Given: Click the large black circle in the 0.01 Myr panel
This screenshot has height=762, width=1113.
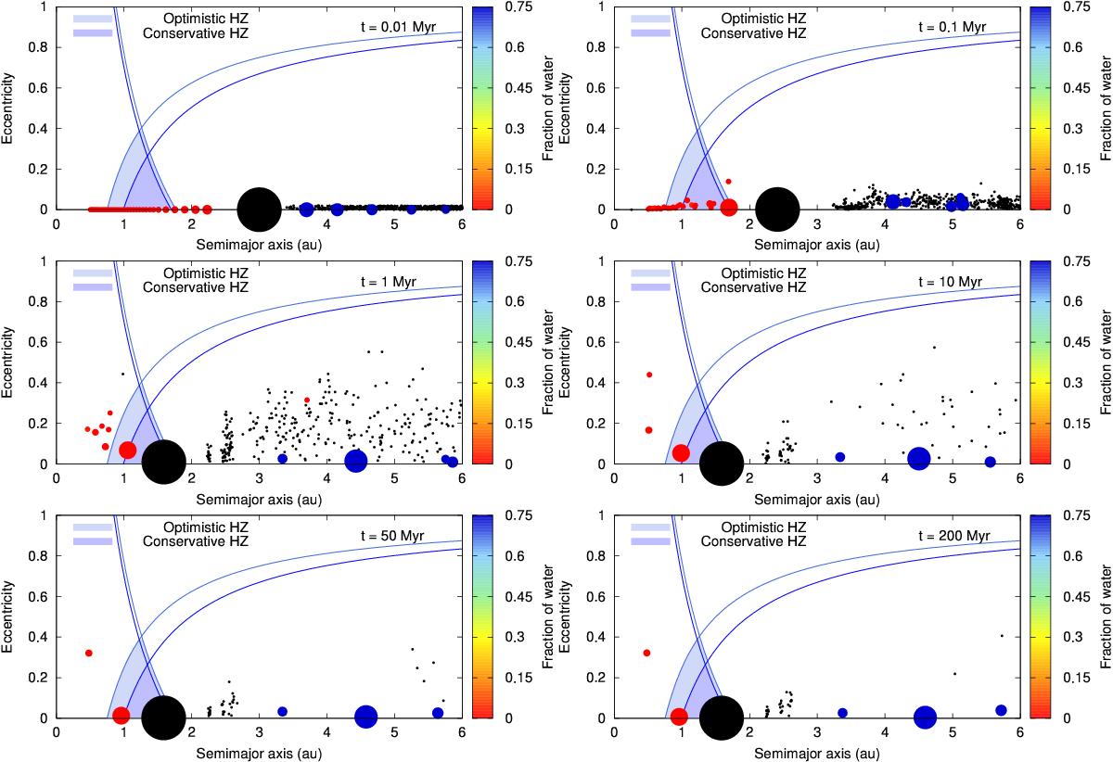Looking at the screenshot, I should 259,210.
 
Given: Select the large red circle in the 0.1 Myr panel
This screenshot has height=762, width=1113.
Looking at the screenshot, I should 729,207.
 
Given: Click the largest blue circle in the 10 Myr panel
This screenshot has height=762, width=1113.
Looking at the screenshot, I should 918,458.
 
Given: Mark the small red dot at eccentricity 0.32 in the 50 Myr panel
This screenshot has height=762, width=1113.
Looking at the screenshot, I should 89,653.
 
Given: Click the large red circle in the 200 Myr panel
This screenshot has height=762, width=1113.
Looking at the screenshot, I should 679,717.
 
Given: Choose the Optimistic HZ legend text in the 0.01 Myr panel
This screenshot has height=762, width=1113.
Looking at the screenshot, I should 198,18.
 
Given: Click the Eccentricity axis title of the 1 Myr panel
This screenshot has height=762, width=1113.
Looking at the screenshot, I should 10,362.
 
